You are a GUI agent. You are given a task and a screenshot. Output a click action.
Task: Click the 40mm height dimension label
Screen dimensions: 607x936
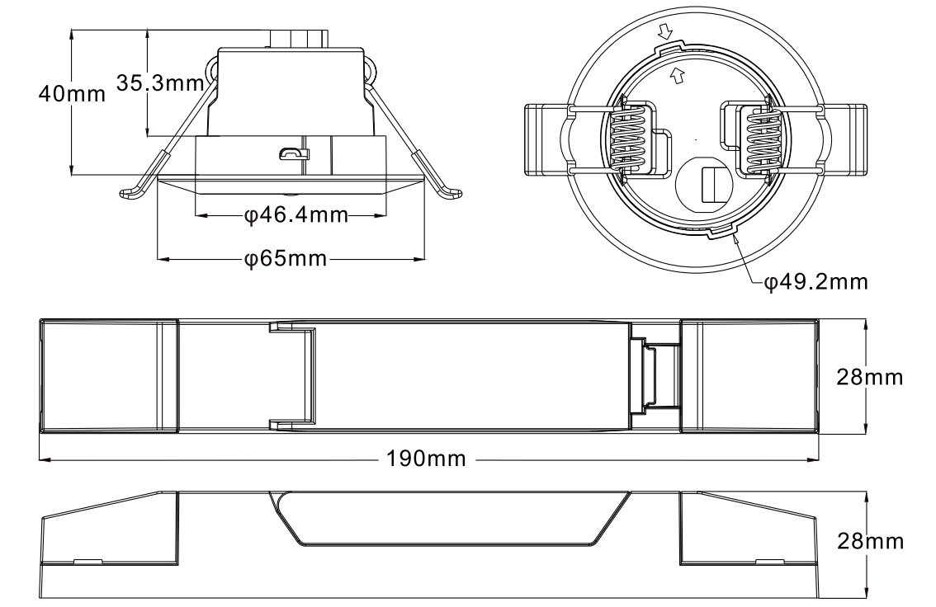pyautogui.click(x=72, y=92)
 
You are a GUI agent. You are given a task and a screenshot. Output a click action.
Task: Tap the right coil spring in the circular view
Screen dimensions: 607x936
pyautogui.click(x=761, y=139)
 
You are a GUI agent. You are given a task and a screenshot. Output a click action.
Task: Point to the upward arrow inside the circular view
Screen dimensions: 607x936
pyautogui.click(x=677, y=76)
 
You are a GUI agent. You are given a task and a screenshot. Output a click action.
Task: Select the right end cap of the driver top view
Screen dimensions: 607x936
pyautogui.click(x=749, y=376)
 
